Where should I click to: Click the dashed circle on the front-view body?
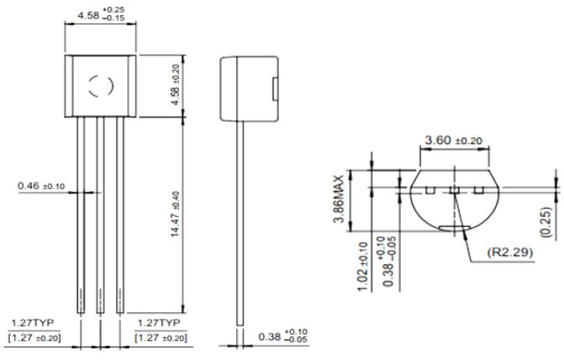pos(102,84)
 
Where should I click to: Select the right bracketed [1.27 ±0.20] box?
pos(161,337)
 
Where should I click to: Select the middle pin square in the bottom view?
pos(454,191)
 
